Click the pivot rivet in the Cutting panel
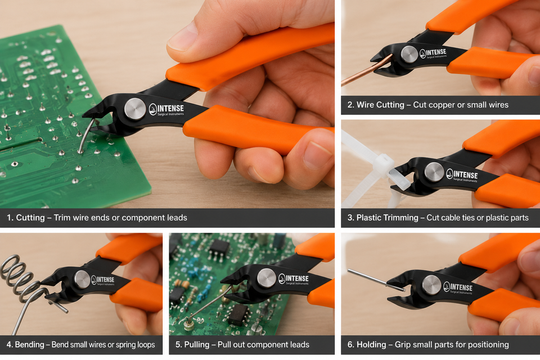[134, 109]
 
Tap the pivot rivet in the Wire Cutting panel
[409, 54]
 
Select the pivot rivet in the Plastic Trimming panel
[434, 172]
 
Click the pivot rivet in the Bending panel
[82, 279]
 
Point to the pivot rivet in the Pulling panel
[266, 278]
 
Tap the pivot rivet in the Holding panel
[431, 285]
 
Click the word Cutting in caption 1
[30, 218]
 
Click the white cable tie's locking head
[383, 164]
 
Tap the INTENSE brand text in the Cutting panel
[170, 109]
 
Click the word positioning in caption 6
[490, 345]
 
